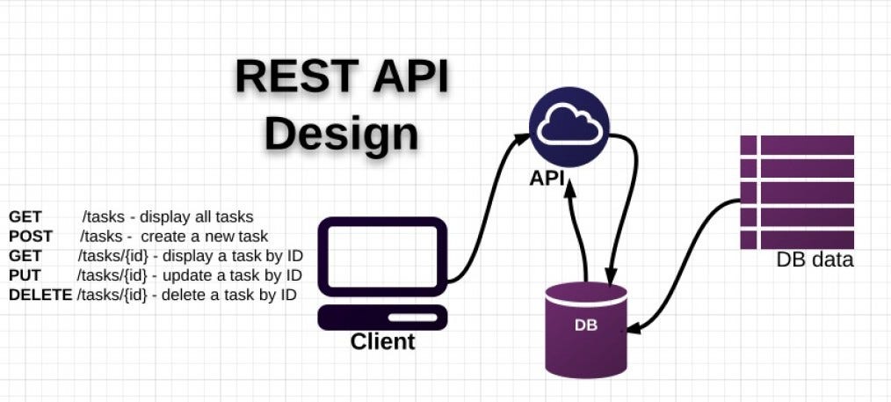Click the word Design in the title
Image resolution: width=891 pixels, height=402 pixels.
341,133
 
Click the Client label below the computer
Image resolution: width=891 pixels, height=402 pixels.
382,341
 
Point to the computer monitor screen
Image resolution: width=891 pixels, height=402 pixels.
382,256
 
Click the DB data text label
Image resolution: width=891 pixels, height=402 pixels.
815,260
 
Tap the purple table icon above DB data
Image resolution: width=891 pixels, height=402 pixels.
796,192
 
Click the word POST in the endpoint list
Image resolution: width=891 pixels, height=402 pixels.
31,237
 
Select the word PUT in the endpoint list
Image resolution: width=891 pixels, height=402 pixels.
25,275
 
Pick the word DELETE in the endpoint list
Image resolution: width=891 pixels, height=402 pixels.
40,295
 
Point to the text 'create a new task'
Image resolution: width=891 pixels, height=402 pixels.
204,237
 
